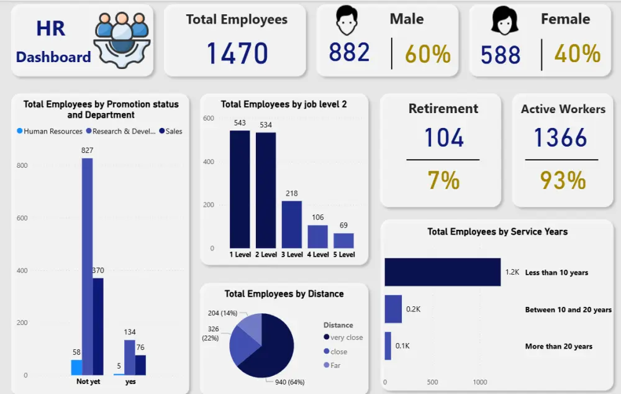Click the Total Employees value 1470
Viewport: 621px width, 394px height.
point(237,53)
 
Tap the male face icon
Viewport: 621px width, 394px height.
point(348,21)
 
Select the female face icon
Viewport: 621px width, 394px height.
point(504,21)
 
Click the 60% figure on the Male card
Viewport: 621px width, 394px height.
point(428,54)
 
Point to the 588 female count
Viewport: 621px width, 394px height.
point(501,55)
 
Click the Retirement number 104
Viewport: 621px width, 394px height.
point(443,137)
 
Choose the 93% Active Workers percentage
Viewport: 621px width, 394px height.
point(562,180)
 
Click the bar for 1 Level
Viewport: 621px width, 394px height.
point(240,190)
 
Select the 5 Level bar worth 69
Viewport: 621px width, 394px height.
point(343,241)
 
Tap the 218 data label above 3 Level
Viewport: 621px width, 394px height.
point(292,193)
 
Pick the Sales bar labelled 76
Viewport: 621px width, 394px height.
point(140,365)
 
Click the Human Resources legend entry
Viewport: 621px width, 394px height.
point(50,131)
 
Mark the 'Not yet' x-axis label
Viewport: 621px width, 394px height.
point(88,382)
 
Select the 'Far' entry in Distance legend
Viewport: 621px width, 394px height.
point(335,365)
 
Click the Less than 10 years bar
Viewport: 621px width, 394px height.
point(442,272)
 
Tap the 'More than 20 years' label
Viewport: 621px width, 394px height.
point(558,346)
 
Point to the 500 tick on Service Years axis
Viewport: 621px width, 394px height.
point(432,382)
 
